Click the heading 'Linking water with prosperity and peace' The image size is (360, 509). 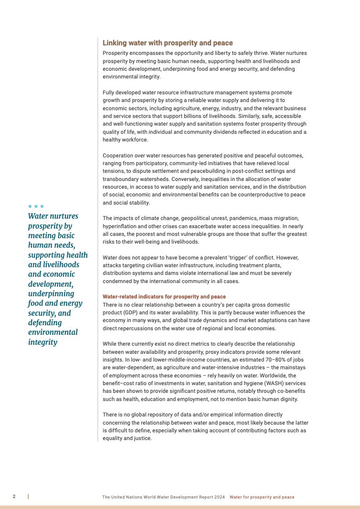pos(168,43)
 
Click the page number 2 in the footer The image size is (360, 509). pos(14,497)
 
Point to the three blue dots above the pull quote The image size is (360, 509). pos(36,206)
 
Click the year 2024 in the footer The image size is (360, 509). pos(220,497)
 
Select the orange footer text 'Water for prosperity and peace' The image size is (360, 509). pos(262,497)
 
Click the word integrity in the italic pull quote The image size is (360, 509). pos(43,342)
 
